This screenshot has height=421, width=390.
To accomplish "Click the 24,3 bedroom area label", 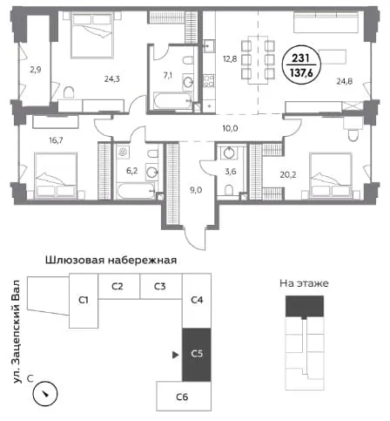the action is point(112,78).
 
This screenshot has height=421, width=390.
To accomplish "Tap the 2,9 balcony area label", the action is point(36,70).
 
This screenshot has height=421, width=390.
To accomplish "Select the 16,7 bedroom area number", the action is point(56,140).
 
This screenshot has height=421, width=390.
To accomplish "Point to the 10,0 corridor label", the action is point(230,128).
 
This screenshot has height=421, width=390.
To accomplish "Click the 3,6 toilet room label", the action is point(231,172).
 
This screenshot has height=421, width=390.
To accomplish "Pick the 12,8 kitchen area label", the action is point(230,59).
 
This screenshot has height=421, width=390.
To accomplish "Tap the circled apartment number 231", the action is point(300,58).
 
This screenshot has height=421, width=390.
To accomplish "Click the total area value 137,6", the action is point(301,72).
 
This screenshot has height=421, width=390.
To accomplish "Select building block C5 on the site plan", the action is point(197,355).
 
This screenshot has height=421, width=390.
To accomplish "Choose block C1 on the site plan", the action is point(84,301).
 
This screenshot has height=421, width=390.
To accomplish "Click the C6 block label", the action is point(182,397).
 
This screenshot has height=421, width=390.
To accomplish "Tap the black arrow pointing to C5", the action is point(175,355).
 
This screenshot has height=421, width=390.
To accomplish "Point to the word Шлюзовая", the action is point(75,260).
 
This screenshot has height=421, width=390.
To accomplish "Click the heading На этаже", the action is point(304,283).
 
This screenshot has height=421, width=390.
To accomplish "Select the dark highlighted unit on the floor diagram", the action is point(305,306).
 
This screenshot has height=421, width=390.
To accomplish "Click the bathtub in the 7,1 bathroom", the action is point(172,101).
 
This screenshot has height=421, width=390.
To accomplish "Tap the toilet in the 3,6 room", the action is point(229,190).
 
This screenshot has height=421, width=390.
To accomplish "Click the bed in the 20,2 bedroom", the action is point(331,176).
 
